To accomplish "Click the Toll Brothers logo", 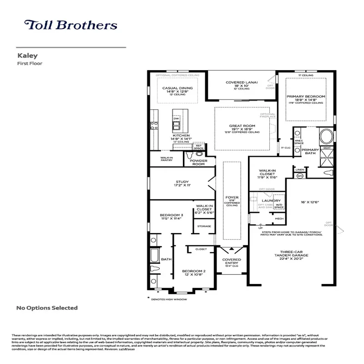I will click(x=71, y=25).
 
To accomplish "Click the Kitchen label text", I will click(x=181, y=136).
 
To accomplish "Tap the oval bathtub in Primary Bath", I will click(x=325, y=136).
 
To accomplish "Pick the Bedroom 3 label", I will click(x=171, y=217).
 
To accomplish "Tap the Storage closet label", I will click(x=204, y=226).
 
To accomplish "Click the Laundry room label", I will click(x=271, y=201).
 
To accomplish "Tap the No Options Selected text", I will click(x=47, y=308).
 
